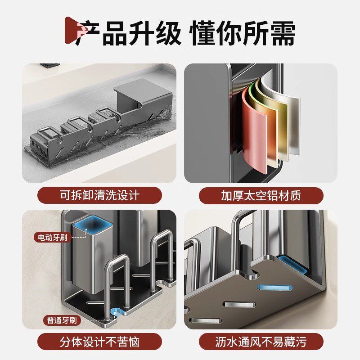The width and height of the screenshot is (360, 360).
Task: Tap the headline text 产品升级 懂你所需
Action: pos(184,33)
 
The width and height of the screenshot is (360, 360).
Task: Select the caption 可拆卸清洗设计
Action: pos(99,196)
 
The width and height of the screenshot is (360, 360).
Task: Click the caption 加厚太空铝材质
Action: pos(261,196)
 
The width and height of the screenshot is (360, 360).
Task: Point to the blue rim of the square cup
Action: pos(95,223)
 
